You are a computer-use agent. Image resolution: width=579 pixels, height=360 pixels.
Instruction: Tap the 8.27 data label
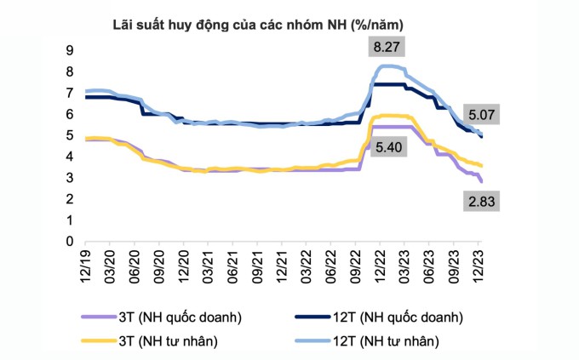(387, 48)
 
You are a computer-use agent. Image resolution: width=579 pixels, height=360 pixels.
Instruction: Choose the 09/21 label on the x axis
(259, 265)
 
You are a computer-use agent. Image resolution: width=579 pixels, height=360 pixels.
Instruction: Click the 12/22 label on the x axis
(381, 265)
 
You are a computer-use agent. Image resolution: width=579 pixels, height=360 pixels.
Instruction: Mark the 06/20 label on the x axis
(137, 265)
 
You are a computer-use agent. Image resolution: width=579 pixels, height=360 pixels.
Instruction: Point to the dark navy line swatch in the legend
(312, 317)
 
